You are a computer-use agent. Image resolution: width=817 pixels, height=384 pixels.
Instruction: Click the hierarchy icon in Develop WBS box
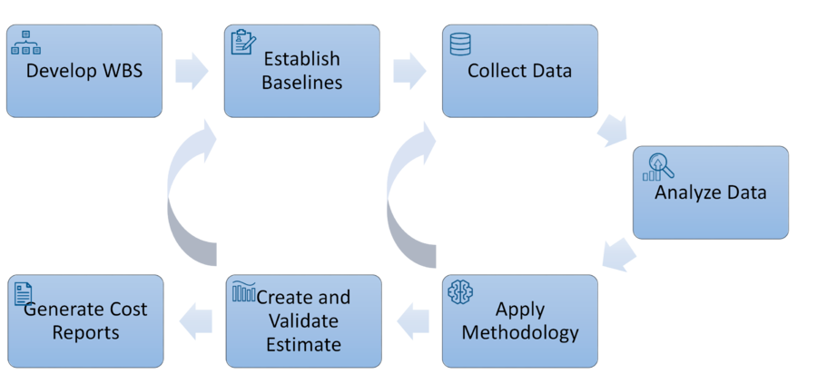coord(26,42)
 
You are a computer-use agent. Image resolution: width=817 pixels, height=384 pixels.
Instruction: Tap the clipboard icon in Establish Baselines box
coord(243,42)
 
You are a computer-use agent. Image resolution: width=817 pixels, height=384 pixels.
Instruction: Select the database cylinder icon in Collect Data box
coord(460,44)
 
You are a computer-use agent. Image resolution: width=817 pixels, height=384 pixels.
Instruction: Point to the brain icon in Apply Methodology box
coord(460,291)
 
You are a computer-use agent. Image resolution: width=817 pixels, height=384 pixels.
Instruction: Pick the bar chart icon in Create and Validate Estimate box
coord(244,291)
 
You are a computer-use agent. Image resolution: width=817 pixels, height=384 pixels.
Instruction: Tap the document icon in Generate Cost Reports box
coord(24,294)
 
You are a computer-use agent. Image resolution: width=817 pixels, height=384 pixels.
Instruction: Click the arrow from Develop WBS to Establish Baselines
coord(192,71)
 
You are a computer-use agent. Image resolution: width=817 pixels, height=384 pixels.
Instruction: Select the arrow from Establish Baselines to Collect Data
coord(409,71)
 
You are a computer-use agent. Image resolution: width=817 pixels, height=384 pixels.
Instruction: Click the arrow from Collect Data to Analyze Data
coord(613,130)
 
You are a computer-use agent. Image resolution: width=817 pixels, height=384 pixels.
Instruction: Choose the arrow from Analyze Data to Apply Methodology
coord(619,255)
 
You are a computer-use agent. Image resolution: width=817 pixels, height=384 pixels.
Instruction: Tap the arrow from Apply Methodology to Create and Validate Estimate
coord(413,321)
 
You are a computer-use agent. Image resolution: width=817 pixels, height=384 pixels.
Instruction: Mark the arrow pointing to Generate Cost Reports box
coord(196,321)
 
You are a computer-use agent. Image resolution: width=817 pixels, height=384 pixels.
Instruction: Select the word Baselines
coord(301,83)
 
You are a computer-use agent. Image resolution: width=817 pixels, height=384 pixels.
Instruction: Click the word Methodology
coord(520,332)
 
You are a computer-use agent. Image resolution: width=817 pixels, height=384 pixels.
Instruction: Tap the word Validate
coord(303,320)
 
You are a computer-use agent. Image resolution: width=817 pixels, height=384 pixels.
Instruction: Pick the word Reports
coord(85,332)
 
